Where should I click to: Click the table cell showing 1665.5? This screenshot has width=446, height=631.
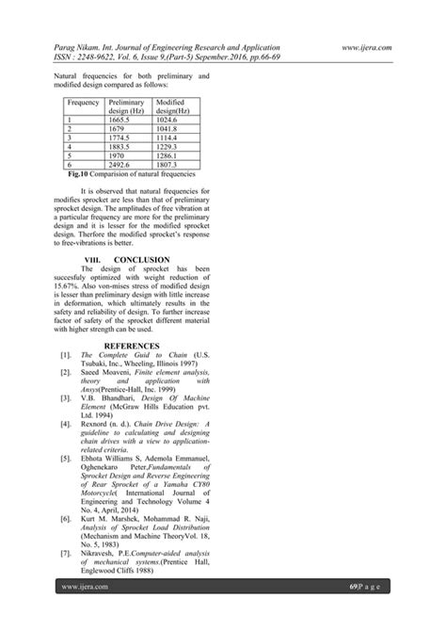[123, 121]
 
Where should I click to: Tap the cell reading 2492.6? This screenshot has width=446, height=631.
[123, 163]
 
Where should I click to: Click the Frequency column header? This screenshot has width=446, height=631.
[85, 102]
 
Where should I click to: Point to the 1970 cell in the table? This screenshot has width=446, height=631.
[119, 154]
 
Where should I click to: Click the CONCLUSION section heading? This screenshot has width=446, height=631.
[141, 258]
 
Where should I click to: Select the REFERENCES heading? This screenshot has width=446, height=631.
[140, 345]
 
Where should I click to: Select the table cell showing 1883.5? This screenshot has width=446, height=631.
[123, 146]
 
